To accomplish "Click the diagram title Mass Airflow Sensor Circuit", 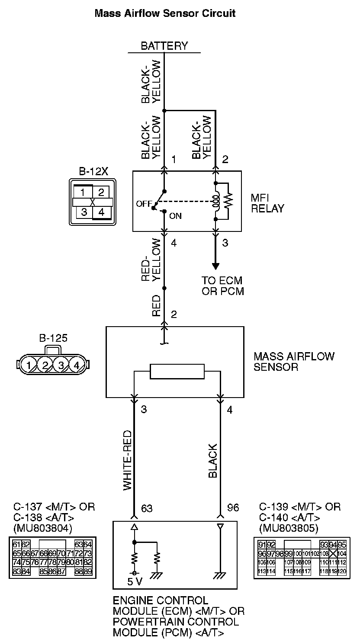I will coord(165,13).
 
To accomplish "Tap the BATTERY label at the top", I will coord(164,46).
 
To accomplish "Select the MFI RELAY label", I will coord(267,203).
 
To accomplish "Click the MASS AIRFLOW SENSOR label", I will coord(294,362).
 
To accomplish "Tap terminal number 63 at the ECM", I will coord(147,507).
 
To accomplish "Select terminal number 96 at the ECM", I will coord(233,507).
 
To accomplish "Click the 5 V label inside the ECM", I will coord(135,581).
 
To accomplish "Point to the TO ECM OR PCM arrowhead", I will coord(215,266).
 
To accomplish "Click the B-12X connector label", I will coord(93,171).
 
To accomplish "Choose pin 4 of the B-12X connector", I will coord(101,212).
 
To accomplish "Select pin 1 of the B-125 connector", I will coord(29,366).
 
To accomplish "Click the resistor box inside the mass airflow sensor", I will coord(177,371).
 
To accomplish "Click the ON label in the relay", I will coord(175,216).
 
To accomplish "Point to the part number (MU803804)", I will coord(43,528).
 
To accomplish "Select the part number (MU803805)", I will coord(289,528).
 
